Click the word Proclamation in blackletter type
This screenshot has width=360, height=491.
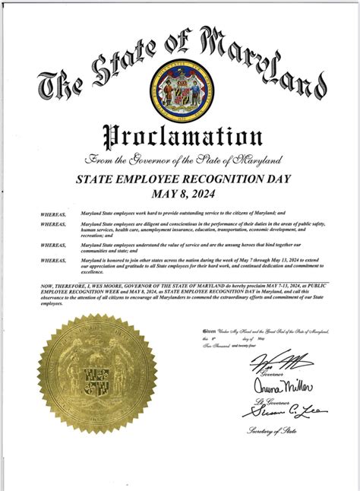click(x=180, y=137)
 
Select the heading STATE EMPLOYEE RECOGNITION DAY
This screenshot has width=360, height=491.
click(x=180, y=181)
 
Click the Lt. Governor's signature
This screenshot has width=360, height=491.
click(x=275, y=387)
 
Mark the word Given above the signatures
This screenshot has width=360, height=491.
click(x=210, y=333)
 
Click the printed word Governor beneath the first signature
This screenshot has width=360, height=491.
click(x=271, y=373)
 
